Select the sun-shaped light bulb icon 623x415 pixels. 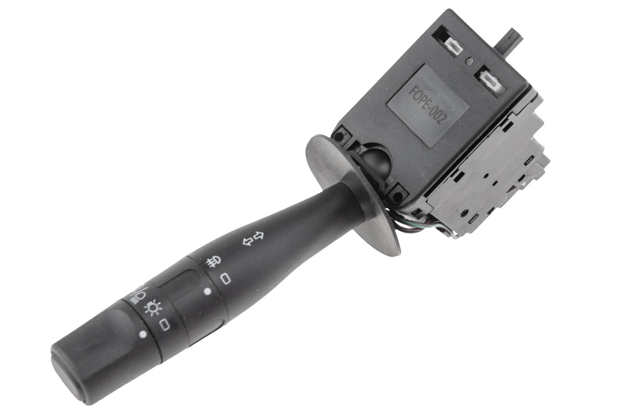[x=153, y=308]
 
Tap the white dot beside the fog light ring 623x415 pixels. [x=207, y=292]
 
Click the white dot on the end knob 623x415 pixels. [x=143, y=335]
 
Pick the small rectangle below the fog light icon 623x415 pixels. [x=226, y=279]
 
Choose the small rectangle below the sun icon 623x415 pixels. [x=164, y=324]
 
